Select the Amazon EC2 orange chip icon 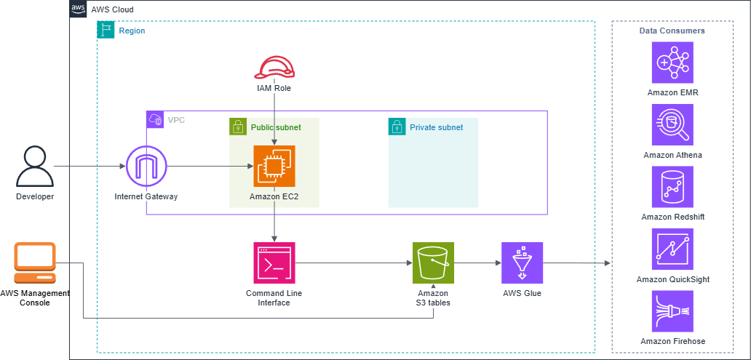[x=274, y=166]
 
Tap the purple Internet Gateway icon [x=147, y=167]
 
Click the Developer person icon [x=35, y=167]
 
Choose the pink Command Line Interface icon [x=274, y=263]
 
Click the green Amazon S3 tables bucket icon [x=433, y=263]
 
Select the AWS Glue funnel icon [x=522, y=263]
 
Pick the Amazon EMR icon [x=672, y=63]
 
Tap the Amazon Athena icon [x=672, y=124]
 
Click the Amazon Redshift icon [x=672, y=186]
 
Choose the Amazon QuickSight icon [x=672, y=249]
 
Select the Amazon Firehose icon [x=672, y=311]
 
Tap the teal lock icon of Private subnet [x=397, y=127]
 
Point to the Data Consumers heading [x=672, y=31]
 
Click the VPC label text [x=176, y=119]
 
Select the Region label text [x=132, y=31]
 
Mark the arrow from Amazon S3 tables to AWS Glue [x=477, y=263]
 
